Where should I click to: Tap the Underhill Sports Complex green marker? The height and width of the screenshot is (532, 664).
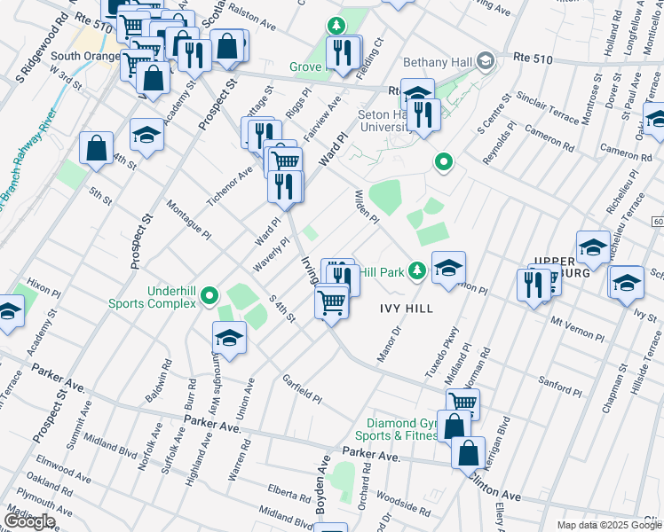(x=209, y=296)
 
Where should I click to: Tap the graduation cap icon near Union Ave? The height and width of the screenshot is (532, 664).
(x=229, y=338)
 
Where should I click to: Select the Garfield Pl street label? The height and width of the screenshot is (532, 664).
(x=302, y=388)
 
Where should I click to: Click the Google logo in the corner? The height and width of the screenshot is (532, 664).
(x=29, y=520)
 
